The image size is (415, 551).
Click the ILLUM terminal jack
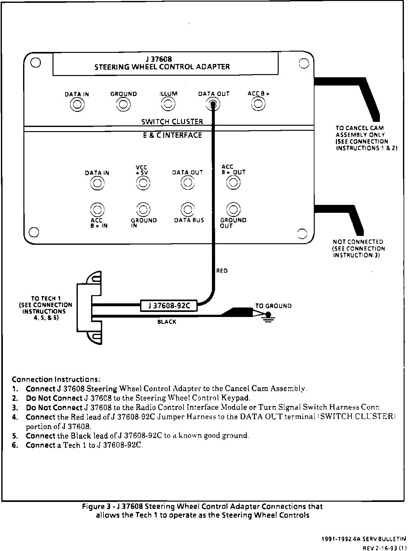click(168, 104)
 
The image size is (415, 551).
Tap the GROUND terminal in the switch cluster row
click(123, 104)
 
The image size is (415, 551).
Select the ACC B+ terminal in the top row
click(258, 104)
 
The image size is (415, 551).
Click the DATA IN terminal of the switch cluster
click(77, 104)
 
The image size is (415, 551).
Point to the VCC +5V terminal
click(143, 183)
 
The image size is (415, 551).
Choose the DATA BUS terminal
click(188, 209)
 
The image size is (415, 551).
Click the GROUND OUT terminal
click(233, 209)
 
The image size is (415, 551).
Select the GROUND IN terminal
click(143, 209)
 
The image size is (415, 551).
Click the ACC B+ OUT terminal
click(233, 182)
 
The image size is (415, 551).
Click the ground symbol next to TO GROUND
click(269, 316)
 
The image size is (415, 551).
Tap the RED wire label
click(222, 271)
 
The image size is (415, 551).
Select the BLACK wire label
click(167, 322)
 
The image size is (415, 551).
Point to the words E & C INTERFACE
click(172, 136)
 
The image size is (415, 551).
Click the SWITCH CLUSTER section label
click(172, 122)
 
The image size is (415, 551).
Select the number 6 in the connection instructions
click(14, 445)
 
